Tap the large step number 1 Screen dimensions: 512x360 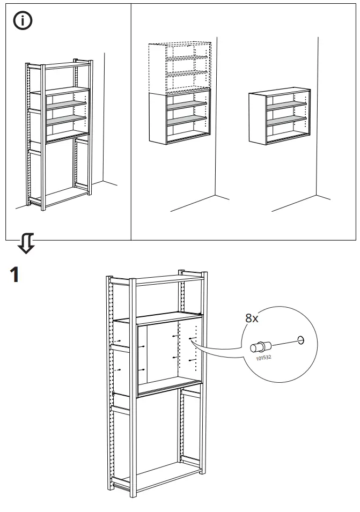click(x=16, y=276)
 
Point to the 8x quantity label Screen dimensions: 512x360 click(x=252, y=318)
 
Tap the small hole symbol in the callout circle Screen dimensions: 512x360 click(x=300, y=339)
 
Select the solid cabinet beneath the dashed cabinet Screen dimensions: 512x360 click(x=179, y=117)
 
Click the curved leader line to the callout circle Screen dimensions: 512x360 click(x=217, y=351)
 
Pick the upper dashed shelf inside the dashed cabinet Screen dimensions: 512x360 click(x=187, y=57)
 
